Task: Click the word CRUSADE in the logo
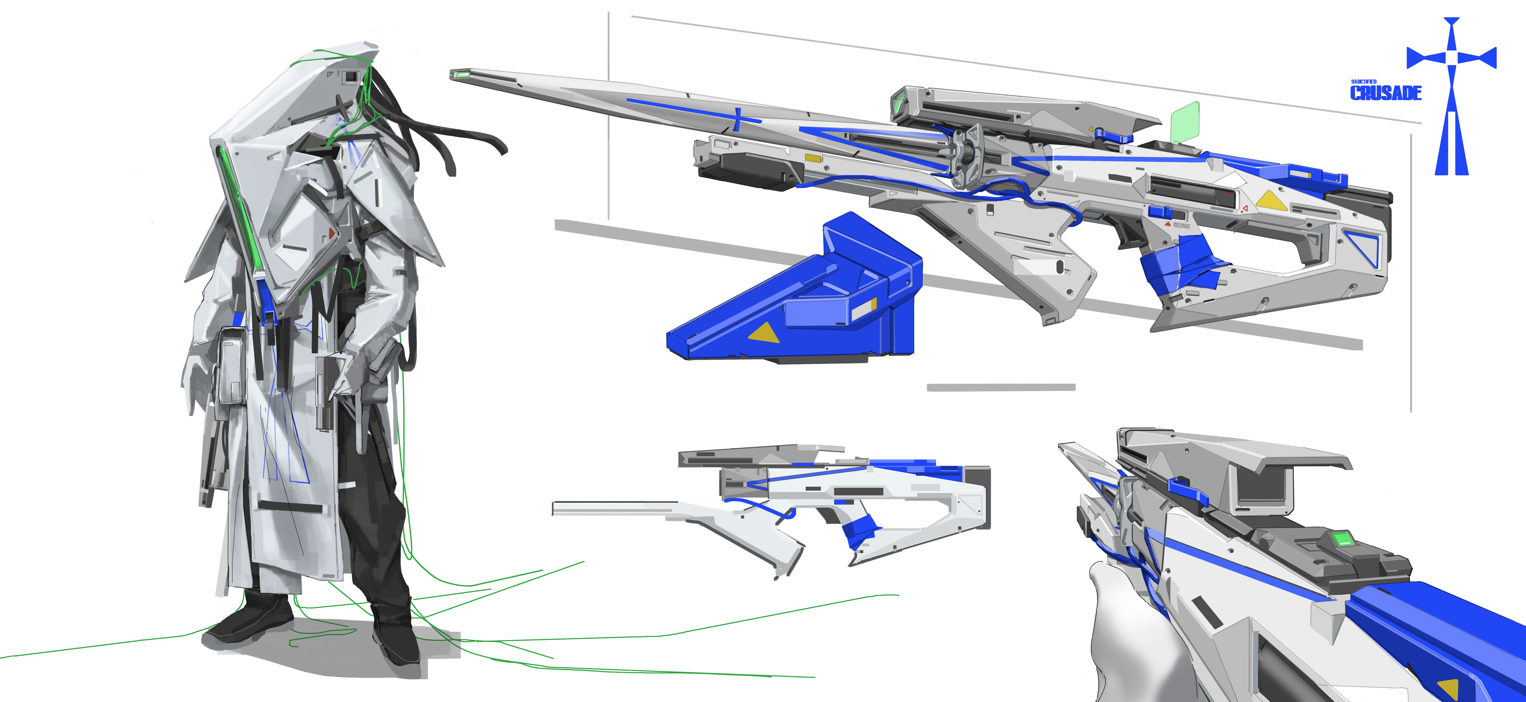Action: tap(1386, 93)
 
